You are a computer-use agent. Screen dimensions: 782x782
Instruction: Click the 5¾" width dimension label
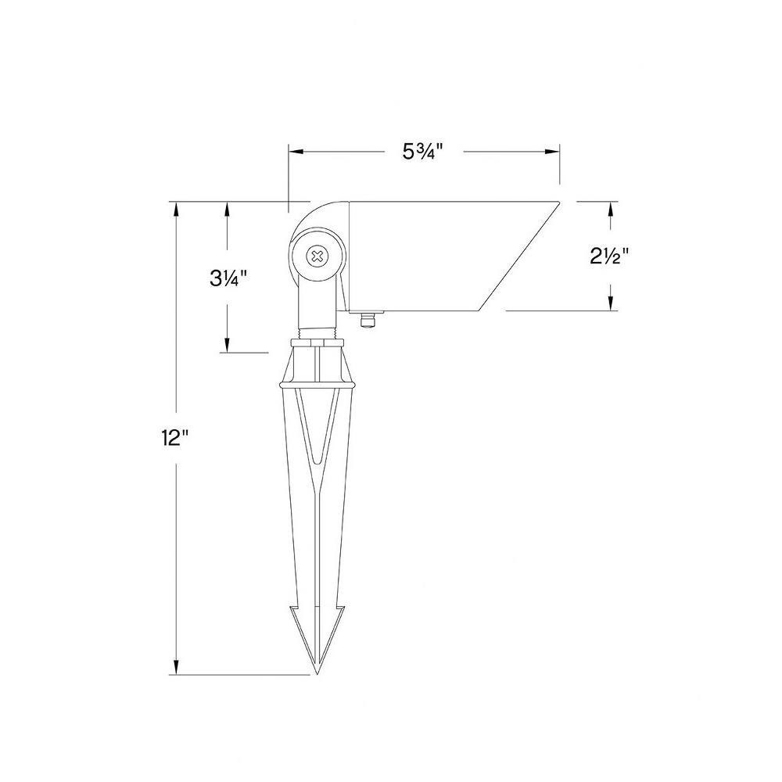(423, 152)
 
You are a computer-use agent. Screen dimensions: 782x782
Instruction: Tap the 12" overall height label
(175, 439)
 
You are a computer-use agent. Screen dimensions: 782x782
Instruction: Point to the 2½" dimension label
(609, 256)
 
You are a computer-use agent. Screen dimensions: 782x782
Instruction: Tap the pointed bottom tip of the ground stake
(316, 673)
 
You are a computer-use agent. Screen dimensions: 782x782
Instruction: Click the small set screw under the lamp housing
(368, 320)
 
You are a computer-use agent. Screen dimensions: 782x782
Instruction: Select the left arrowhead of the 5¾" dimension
(296, 152)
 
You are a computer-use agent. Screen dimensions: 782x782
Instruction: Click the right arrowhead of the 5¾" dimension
(552, 152)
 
